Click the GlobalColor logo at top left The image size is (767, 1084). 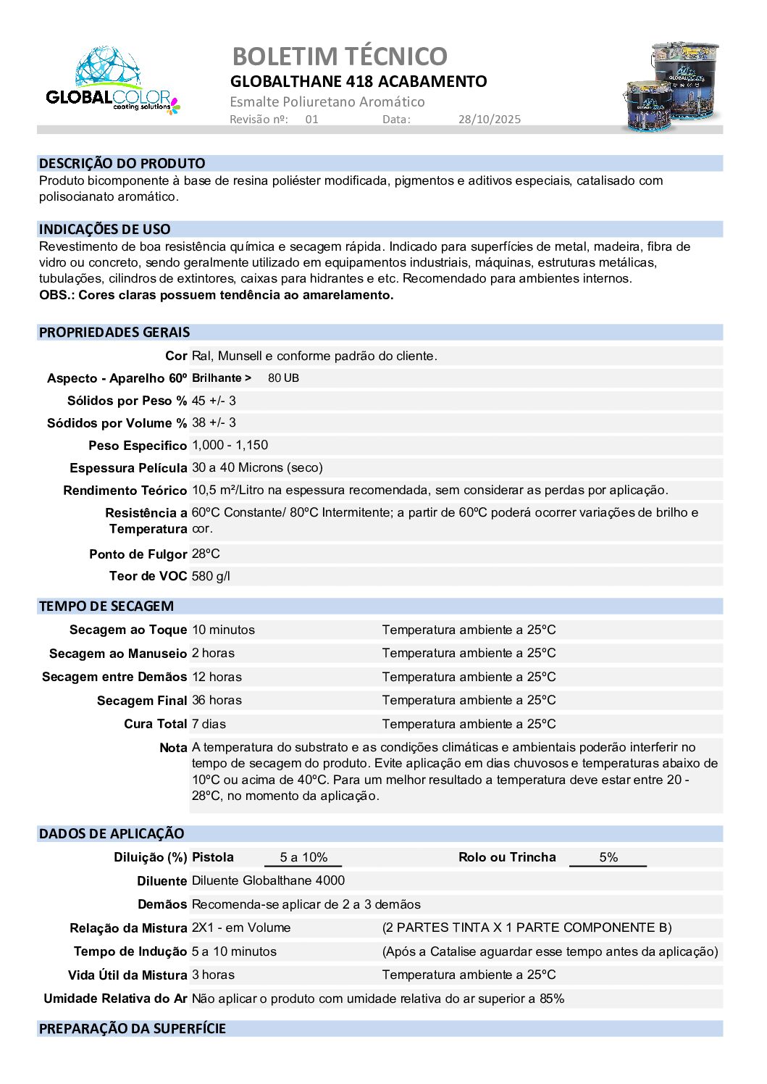[112, 81]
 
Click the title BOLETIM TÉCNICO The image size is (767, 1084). [340, 57]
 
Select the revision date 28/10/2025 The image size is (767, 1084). [489, 120]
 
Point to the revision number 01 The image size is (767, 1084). [311, 120]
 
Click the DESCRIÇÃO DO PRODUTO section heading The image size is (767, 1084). [122, 164]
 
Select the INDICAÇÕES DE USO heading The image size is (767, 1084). [105, 230]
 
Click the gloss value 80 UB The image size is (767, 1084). [283, 378]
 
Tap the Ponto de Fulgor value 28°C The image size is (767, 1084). [206, 554]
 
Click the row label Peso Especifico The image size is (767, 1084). [138, 446]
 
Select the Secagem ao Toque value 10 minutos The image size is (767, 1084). [223, 630]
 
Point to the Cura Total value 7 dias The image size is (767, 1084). [209, 724]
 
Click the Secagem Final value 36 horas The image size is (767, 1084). [217, 700]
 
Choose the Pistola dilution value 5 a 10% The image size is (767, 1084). [303, 857]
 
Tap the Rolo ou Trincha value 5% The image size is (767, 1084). [608, 857]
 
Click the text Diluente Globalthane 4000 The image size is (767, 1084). [268, 880]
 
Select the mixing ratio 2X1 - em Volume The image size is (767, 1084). [241, 927]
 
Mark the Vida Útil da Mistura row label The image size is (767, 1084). [127, 975]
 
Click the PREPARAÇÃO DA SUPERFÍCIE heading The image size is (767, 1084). [133, 1029]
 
